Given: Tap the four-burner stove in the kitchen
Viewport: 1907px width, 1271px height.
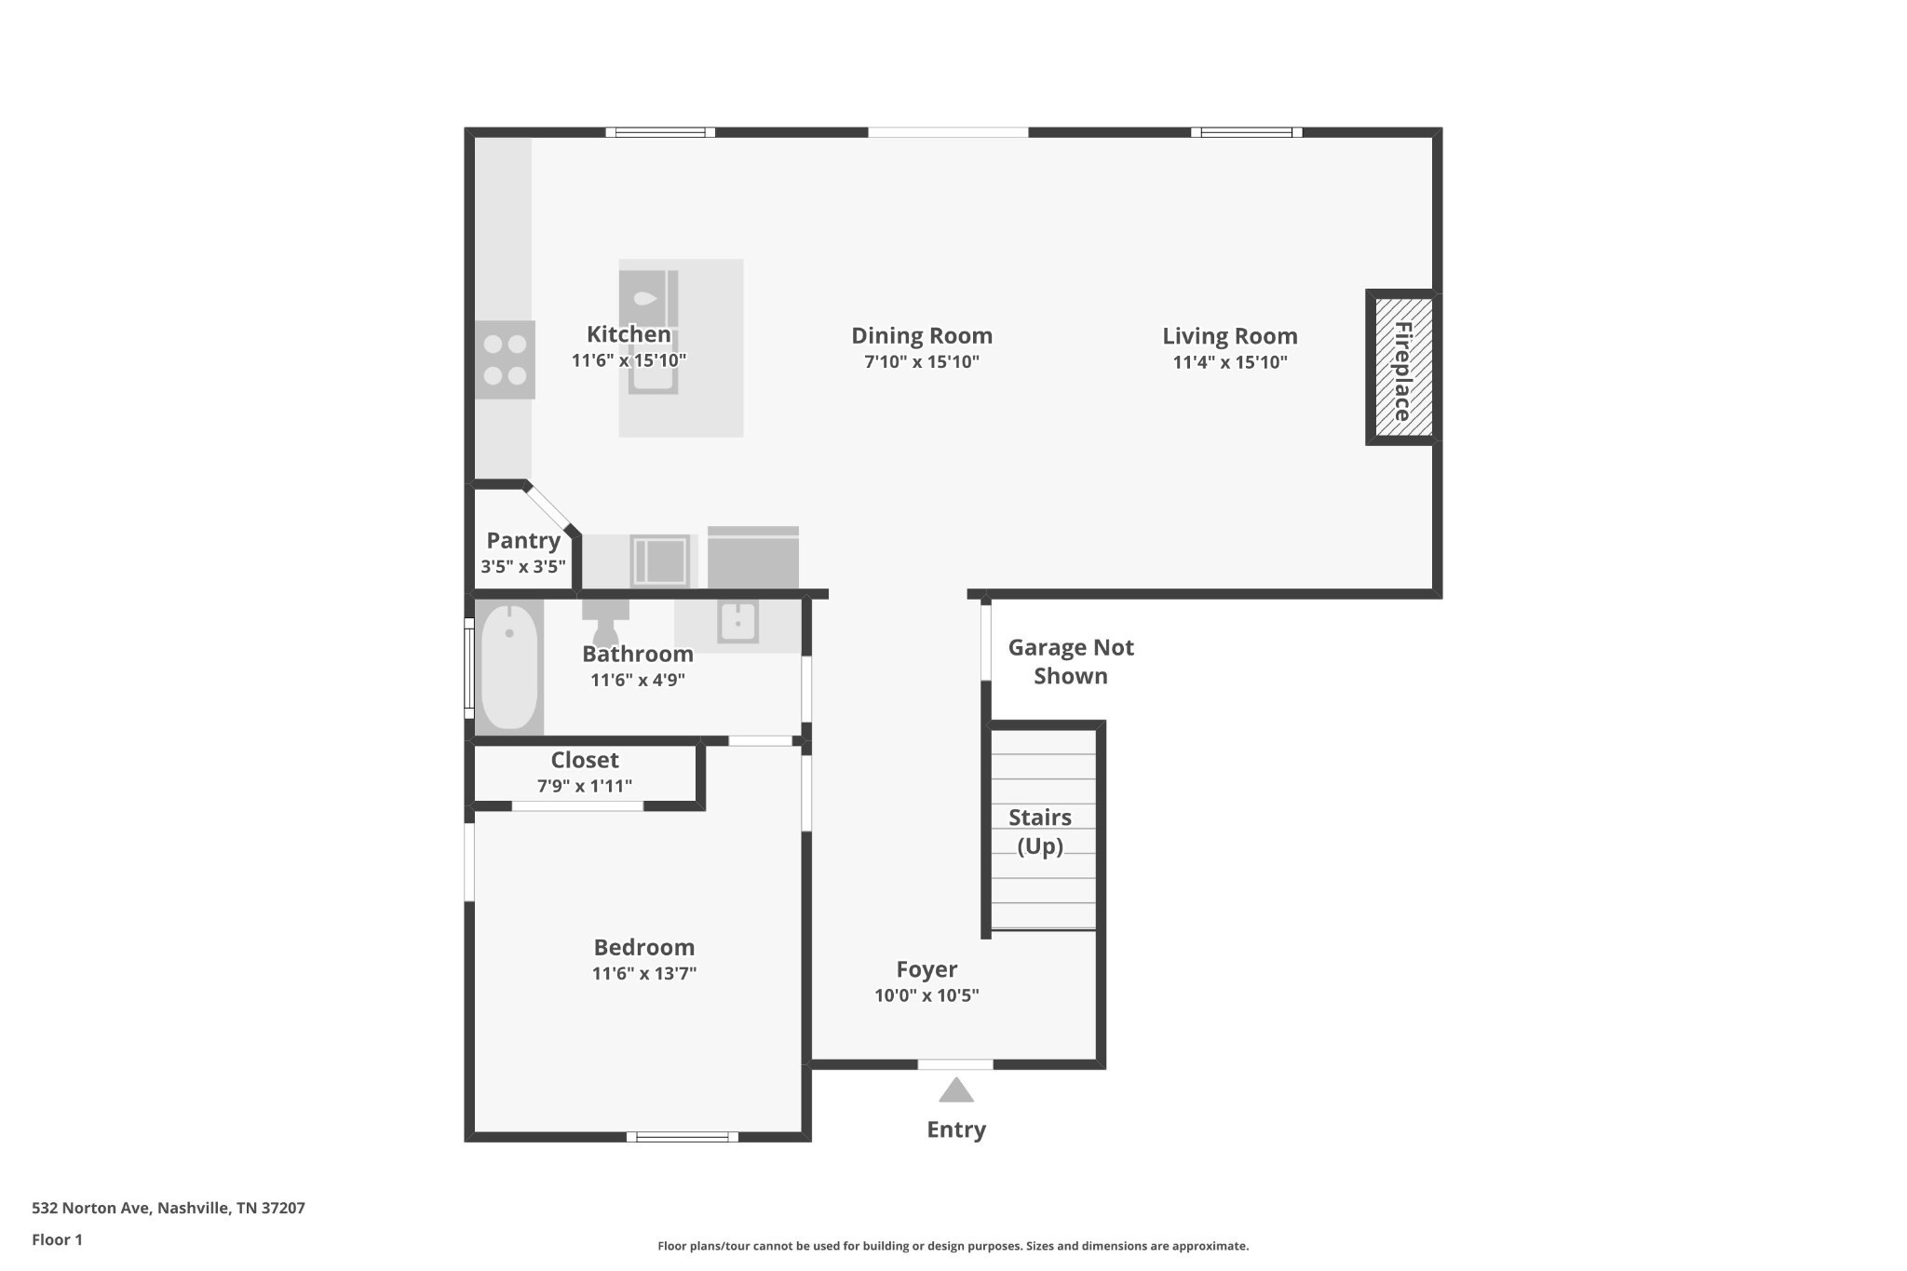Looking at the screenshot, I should pos(505,359).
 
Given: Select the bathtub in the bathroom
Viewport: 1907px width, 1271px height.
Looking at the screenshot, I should pos(509,667).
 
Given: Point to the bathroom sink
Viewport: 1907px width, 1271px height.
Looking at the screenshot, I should pos(737,621).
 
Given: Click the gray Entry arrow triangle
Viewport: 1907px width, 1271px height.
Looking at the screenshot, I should pos(955,1090).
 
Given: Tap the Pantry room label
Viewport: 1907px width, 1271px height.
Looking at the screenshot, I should pos(523,540).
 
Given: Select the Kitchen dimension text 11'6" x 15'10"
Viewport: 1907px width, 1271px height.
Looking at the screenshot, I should pos(629,360).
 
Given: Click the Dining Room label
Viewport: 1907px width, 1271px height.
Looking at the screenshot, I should pos(922,335).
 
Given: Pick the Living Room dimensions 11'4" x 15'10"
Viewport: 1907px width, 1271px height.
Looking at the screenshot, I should pos(1229,362).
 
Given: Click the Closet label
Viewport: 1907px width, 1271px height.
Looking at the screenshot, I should pos(585,760).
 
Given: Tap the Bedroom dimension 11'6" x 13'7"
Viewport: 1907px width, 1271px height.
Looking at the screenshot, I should pos(644,974).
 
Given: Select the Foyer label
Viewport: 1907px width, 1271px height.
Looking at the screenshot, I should pos(926,969).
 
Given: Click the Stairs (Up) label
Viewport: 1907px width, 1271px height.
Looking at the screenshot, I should pos(1040,832).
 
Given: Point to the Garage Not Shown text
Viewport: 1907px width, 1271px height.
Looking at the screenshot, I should pos(1071,661).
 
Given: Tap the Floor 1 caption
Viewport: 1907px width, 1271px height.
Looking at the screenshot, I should pos(57,1239).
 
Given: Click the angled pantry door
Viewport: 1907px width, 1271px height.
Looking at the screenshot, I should pos(548,508).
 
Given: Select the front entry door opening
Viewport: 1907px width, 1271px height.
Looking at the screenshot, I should pos(955,1064).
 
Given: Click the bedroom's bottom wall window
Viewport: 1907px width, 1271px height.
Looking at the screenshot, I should pos(683,1137).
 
